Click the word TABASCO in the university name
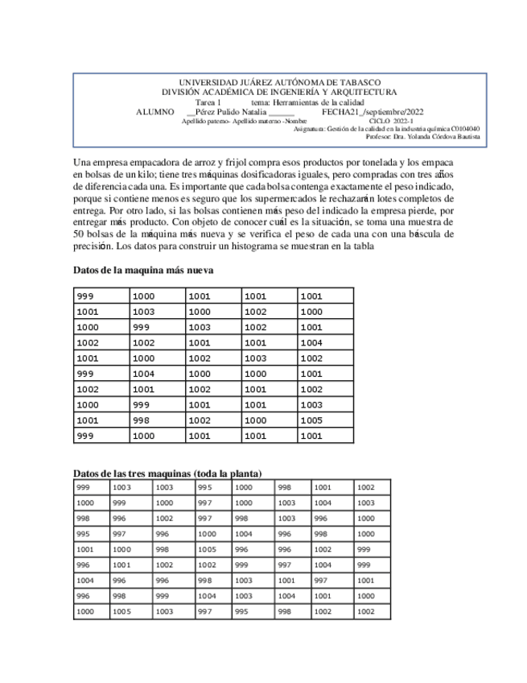click(358, 83)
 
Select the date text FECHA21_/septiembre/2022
click(373, 112)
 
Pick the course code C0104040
click(466, 129)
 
